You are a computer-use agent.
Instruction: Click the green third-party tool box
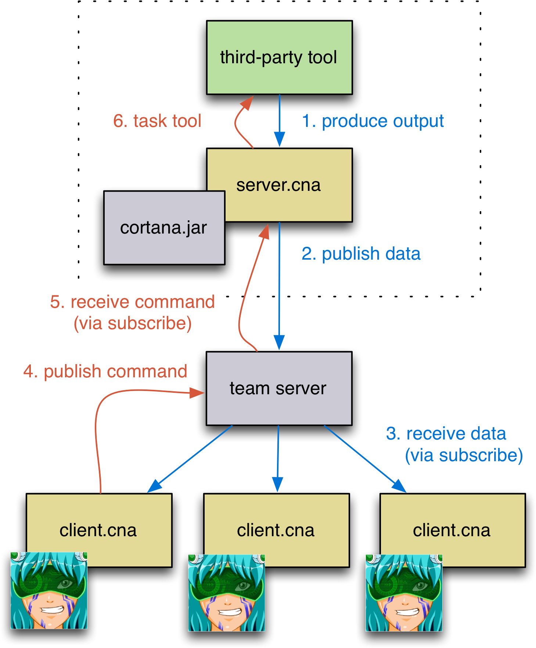click(x=279, y=57)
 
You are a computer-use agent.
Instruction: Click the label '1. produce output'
click(x=373, y=121)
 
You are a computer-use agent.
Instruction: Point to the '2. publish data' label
click(x=361, y=254)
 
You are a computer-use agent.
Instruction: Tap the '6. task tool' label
click(x=157, y=121)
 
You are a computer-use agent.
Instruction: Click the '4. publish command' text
click(x=105, y=371)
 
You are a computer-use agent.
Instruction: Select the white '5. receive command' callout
click(x=133, y=312)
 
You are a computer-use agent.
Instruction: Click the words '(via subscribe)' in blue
click(x=464, y=455)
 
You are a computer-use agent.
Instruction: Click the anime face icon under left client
click(x=49, y=590)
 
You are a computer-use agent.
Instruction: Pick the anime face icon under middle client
click(x=226, y=593)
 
